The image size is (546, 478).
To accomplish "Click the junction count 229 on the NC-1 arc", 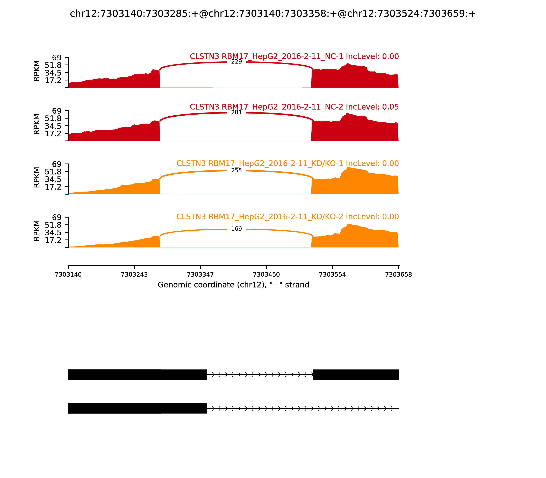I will click(236, 62).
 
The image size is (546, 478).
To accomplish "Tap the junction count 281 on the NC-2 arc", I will click(236, 113).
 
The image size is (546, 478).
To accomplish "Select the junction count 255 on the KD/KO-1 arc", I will click(236, 170).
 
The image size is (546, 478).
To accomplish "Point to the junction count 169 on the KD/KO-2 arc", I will click(236, 229).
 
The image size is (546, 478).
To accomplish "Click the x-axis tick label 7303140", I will click(68, 275).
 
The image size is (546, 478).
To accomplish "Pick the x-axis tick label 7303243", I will click(134, 275).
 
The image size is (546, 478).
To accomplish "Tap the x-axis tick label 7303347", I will click(200, 275).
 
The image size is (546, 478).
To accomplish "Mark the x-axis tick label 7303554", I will click(332, 275).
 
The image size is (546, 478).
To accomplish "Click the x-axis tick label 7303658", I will click(398, 275).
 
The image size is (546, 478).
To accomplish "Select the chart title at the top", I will click(273, 14).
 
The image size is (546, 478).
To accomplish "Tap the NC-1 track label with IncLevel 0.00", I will click(294, 57).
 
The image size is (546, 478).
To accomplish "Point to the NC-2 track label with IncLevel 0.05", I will click(294, 107).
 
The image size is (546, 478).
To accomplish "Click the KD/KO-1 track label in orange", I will click(287, 164).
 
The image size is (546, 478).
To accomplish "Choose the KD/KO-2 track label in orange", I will click(287, 217).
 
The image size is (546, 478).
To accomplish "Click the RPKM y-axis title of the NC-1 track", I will click(37, 71).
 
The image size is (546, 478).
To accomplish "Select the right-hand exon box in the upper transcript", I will click(356, 375).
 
